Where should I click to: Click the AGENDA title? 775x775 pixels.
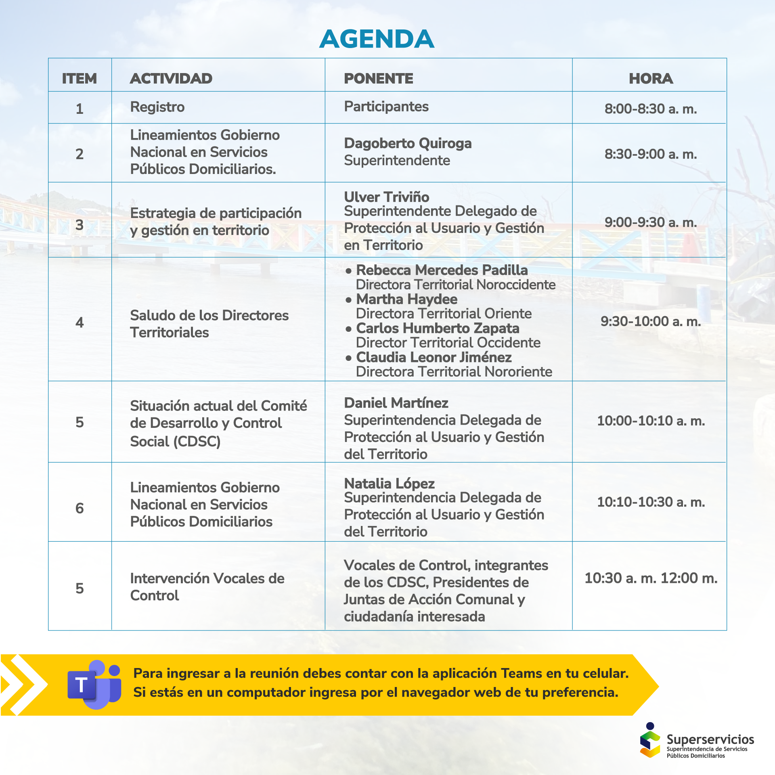[x=377, y=39]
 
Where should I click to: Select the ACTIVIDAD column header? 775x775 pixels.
[x=171, y=78]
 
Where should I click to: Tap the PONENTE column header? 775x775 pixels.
[x=378, y=78]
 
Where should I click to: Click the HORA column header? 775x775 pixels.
[x=651, y=78]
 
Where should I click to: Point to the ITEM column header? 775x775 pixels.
[x=80, y=78]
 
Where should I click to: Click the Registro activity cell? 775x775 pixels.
[x=157, y=107]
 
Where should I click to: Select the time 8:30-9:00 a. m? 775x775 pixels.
[x=651, y=154]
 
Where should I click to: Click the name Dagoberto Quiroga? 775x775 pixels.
[x=408, y=143]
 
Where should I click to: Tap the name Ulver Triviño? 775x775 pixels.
[x=386, y=197]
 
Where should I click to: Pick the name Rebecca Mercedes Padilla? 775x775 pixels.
[x=442, y=270]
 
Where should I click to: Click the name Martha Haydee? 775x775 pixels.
[x=406, y=299]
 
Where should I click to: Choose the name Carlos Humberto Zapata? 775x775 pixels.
[x=438, y=328]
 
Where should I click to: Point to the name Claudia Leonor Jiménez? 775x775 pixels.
[x=434, y=357]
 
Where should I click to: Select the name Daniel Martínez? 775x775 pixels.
[x=396, y=403]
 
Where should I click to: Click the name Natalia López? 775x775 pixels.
[x=389, y=483]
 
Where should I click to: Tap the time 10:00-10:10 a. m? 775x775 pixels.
[x=651, y=421]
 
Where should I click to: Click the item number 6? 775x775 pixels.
[x=80, y=508]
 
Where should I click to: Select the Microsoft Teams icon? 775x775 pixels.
[x=94, y=685]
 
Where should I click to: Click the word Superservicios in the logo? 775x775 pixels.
[x=710, y=739]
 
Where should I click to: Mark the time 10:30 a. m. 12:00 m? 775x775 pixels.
[x=651, y=578]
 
